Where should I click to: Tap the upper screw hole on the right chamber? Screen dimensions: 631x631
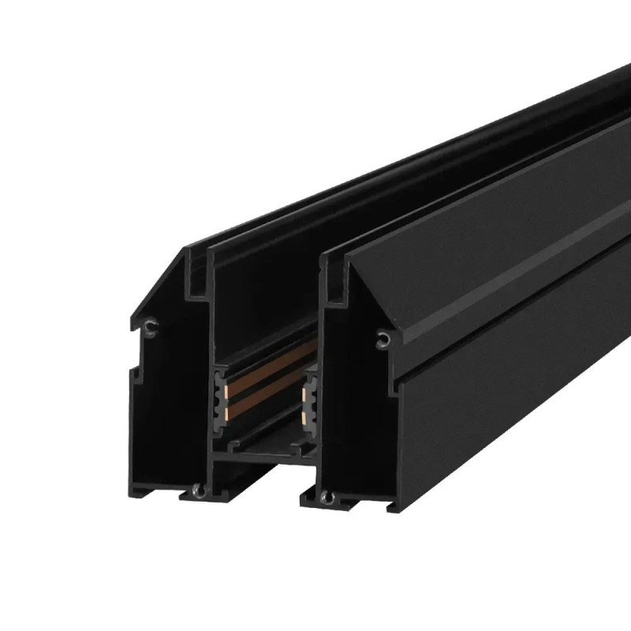tap(383, 338)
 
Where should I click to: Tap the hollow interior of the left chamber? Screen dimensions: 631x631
tap(170, 410)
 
